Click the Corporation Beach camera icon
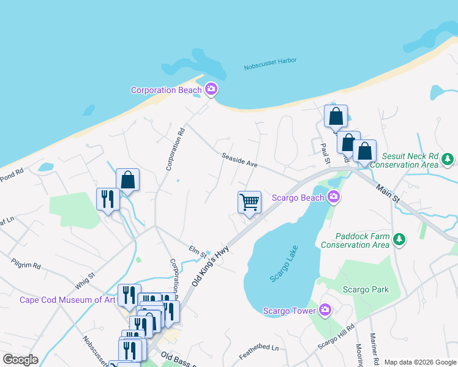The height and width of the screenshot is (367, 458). (x=211, y=90)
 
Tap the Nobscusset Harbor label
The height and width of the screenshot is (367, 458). (x=270, y=61)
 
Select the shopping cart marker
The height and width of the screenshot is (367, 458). (x=249, y=201)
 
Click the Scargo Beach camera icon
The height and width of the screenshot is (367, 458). (x=334, y=197)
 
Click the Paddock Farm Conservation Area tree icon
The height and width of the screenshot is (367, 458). (x=399, y=239)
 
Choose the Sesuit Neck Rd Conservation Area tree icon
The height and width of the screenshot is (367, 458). (x=448, y=159)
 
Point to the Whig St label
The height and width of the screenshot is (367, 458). (x=85, y=278)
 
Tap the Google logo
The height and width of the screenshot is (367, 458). (x=20, y=360)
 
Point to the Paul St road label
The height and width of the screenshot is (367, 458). (x=325, y=154)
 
